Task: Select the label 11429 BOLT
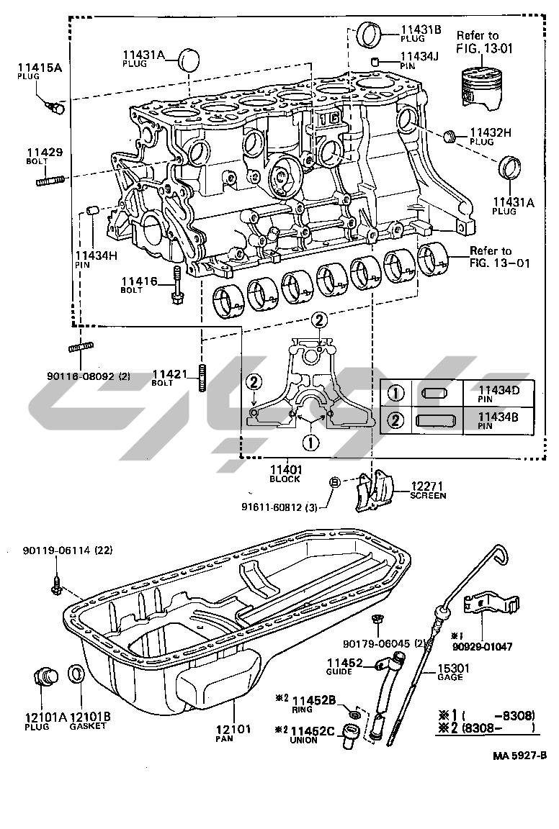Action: [45, 156]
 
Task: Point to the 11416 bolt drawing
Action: [176, 288]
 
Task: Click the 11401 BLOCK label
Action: [285, 474]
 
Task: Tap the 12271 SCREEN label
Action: [427, 490]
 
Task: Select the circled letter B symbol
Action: [334, 483]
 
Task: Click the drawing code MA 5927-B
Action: [519, 756]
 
